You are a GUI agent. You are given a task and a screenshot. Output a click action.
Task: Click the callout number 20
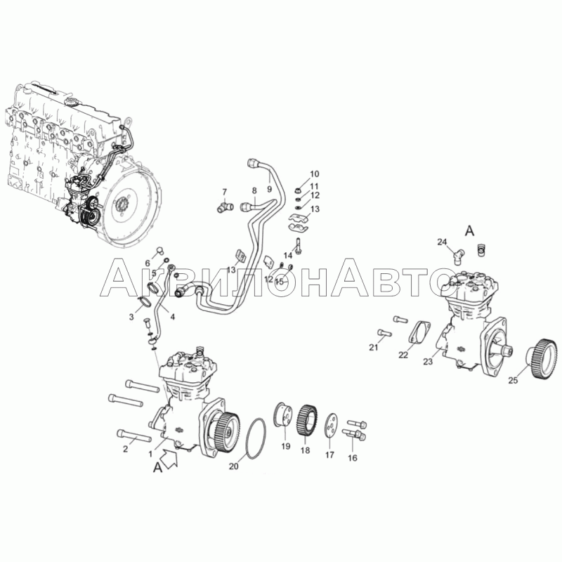[x=234, y=466]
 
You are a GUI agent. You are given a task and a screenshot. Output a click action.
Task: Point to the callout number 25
[x=513, y=380]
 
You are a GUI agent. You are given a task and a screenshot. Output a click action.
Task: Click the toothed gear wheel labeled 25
[x=542, y=358]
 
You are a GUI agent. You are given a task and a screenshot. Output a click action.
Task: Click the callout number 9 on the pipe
[x=270, y=189]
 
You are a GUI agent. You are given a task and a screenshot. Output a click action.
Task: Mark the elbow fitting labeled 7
[x=226, y=207]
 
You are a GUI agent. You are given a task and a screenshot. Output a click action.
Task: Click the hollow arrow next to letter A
[x=168, y=460]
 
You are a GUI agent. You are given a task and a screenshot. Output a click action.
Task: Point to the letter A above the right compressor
[x=469, y=231]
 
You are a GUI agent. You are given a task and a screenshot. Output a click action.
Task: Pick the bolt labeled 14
[x=298, y=248]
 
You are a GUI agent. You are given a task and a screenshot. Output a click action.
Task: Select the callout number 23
[x=428, y=362]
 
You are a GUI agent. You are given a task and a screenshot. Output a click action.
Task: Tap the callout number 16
[x=353, y=458]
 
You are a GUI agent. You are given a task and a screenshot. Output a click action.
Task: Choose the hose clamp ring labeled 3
[x=145, y=302]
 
